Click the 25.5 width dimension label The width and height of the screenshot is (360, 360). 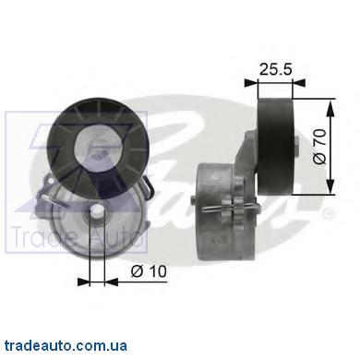pos(275,69)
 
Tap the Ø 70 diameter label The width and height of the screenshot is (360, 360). pos(319,147)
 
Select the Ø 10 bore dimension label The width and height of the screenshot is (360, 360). pos(149,271)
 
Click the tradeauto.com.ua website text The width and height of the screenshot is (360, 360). pos(66,346)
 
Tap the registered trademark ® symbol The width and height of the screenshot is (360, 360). pos(328,213)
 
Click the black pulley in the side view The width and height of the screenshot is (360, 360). pos(275,147)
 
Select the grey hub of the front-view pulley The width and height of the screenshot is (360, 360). pos(98,145)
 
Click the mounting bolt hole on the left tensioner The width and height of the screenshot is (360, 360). pos(97,212)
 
